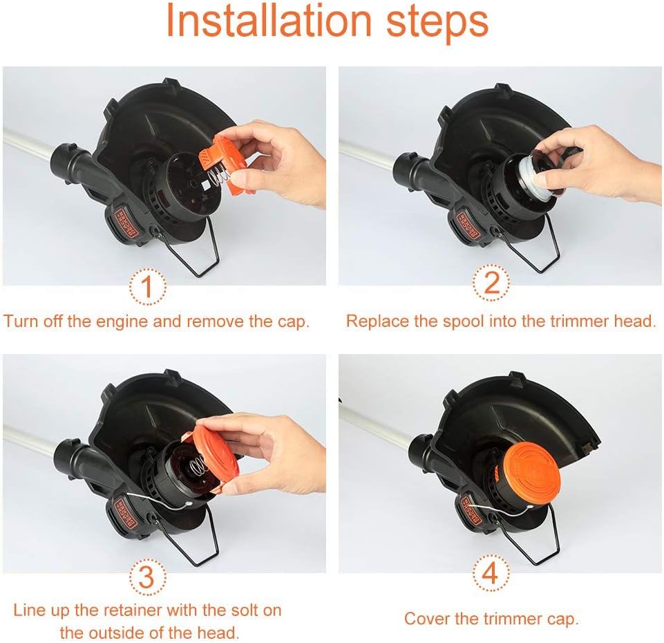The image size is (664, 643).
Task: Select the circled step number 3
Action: pyautogui.click(x=146, y=577)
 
